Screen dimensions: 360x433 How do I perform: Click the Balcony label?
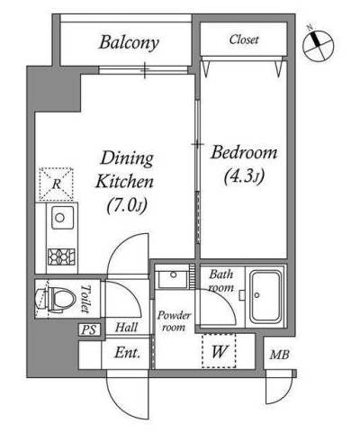pos(129,43)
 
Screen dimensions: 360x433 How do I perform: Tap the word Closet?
pos(244,40)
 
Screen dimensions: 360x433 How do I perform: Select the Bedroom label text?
pos(244,152)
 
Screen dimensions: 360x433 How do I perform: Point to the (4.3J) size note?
pos(244,176)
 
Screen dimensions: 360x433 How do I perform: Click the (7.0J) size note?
pos(127,205)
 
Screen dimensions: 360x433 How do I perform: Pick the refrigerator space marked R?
pos(57,184)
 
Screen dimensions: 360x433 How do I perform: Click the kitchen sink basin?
pos(62,218)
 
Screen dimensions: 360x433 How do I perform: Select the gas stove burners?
pos(61,257)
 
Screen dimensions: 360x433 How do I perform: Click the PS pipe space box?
pos(89,330)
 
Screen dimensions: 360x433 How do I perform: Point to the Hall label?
pos(127,327)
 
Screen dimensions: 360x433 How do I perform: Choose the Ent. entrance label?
pos(127,353)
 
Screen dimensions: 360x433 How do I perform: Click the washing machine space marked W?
pos(219,351)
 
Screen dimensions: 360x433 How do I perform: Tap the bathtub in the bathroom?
pos(265,296)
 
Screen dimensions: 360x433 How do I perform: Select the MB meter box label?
pos(279,355)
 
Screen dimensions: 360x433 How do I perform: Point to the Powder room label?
pos(174,321)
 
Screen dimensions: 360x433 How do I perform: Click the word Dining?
pos(127,159)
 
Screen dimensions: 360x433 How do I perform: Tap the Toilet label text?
pos(85,299)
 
